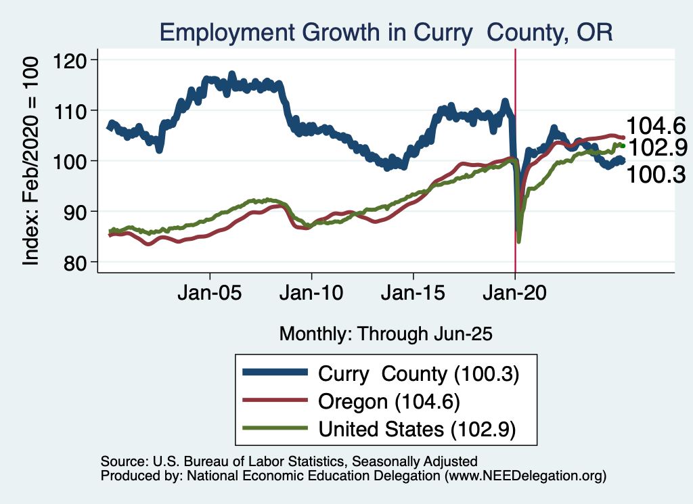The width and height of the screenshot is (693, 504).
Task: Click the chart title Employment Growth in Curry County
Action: pos(386,32)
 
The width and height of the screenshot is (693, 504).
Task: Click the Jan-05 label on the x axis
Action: pos(210,296)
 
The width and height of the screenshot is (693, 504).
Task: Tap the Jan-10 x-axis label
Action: pos(311,296)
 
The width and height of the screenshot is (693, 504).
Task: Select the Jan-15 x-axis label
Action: pos(413,296)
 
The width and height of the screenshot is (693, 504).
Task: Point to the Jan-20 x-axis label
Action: pos(515,296)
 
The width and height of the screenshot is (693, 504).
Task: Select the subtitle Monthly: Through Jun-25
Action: pos(385,334)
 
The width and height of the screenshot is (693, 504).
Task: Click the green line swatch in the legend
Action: pos(274,429)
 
